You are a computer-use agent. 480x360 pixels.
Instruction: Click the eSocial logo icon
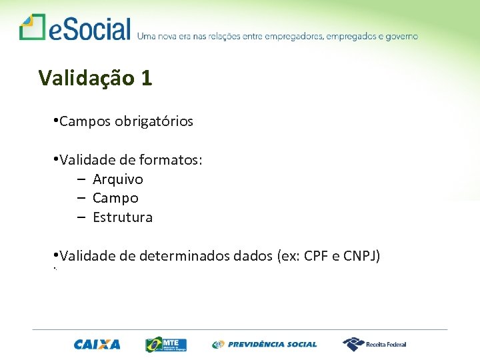(x=32, y=27)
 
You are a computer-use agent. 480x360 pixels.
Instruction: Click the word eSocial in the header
(x=89, y=29)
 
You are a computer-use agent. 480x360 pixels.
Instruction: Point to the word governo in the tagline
(x=401, y=36)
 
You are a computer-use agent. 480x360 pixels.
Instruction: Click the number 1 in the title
(x=147, y=78)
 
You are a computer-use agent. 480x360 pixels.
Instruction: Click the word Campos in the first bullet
(x=85, y=121)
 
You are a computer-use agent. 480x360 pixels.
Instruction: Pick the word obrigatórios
(x=153, y=121)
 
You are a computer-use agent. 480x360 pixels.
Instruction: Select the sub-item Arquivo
(x=118, y=179)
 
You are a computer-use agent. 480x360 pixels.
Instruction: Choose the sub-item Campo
(x=115, y=198)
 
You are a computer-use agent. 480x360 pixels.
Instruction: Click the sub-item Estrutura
(x=123, y=217)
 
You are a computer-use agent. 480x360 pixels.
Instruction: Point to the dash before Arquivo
(x=80, y=179)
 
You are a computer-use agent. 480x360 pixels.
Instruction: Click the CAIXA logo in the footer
(x=97, y=345)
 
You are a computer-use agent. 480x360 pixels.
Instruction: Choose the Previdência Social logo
(x=265, y=345)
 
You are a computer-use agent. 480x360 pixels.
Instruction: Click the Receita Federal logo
(x=374, y=344)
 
